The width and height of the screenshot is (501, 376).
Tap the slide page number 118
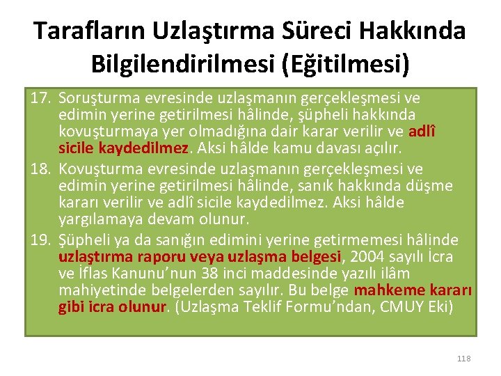(464, 359)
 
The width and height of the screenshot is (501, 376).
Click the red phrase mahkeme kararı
(413, 290)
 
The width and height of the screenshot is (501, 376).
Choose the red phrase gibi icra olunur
(113, 306)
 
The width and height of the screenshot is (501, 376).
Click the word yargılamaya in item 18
(95, 219)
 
